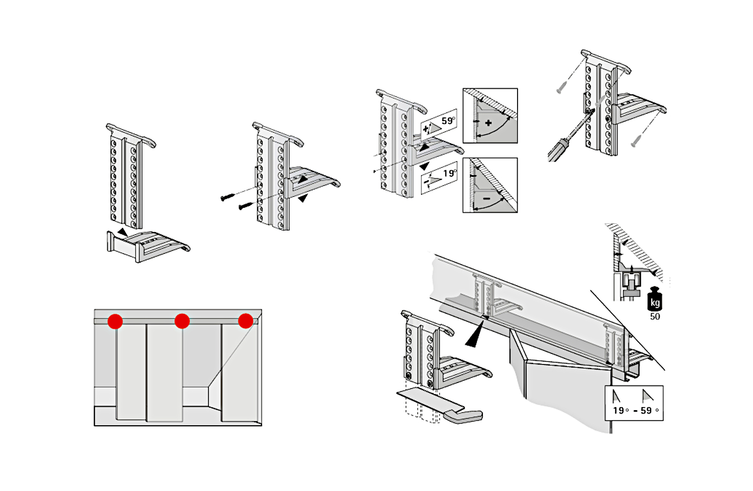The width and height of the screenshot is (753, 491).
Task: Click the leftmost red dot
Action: pyautogui.click(x=115, y=321)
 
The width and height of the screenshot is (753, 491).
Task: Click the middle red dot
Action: pyautogui.click(x=182, y=321)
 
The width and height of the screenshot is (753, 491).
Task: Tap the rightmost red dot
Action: pyautogui.click(x=245, y=321)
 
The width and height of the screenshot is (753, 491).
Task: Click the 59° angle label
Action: pyautogui.click(x=448, y=121)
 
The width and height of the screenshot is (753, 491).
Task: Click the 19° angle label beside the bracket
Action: pyautogui.click(x=449, y=174)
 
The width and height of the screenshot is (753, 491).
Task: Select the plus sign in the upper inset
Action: pyautogui.click(x=488, y=123)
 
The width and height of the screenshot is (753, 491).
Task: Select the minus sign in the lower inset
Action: pyautogui.click(x=486, y=199)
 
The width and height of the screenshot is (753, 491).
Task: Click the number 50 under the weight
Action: pyautogui.click(x=655, y=317)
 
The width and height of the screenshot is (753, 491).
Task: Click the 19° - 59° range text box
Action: pyautogui.click(x=635, y=403)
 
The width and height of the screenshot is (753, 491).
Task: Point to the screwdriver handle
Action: pyautogui.click(x=558, y=150)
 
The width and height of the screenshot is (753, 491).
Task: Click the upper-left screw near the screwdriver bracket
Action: pyautogui.click(x=561, y=90)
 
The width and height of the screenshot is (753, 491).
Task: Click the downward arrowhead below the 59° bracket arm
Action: pyautogui.click(x=425, y=166)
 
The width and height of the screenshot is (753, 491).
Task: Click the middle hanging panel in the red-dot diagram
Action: pyautogui.click(x=164, y=372)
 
